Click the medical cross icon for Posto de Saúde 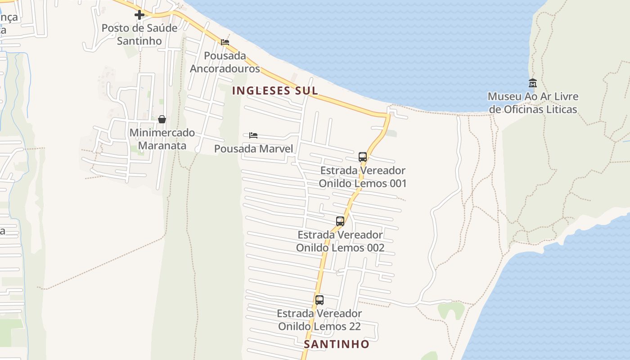(x=139, y=15)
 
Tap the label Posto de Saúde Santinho (x=139, y=34)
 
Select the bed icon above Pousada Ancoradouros (x=225, y=42)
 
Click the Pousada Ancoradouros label (x=225, y=62)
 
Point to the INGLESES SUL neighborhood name (x=275, y=90)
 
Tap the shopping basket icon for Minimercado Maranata (x=162, y=119)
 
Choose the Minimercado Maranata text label (x=162, y=139)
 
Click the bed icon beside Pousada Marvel (x=253, y=135)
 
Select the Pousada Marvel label (x=253, y=149)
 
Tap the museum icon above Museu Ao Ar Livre (x=533, y=83)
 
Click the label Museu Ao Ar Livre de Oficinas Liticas (x=533, y=103)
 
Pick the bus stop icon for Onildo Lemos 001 (x=363, y=157)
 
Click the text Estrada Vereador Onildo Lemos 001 (x=363, y=177)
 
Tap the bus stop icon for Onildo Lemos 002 (x=340, y=221)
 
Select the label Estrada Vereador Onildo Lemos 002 (x=340, y=241)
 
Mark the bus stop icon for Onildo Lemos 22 (x=319, y=300)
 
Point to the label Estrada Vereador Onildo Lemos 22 (x=319, y=320)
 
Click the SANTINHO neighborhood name (x=337, y=344)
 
